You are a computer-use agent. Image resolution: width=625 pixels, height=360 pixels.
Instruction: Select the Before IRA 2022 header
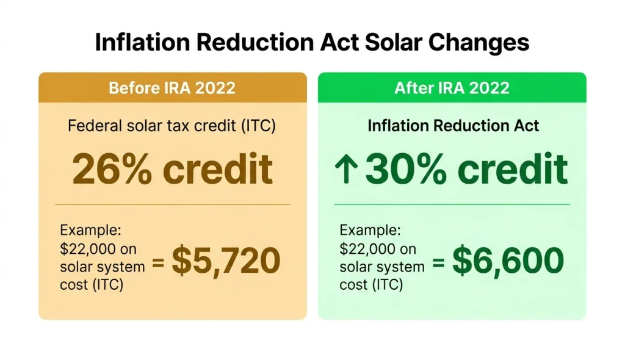point(172,87)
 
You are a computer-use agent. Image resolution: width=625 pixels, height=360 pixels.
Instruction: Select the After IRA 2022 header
point(452,87)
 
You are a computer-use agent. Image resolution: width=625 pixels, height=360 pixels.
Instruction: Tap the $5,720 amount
point(225,261)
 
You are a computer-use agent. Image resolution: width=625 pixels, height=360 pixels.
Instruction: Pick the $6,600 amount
point(507,261)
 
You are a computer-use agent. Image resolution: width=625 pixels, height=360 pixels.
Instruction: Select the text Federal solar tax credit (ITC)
point(172,126)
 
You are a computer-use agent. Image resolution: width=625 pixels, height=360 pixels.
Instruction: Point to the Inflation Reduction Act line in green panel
point(453,126)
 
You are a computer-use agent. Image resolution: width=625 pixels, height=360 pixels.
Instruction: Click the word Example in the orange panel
point(91,231)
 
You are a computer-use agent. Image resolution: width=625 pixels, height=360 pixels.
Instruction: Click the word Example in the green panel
point(370,231)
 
